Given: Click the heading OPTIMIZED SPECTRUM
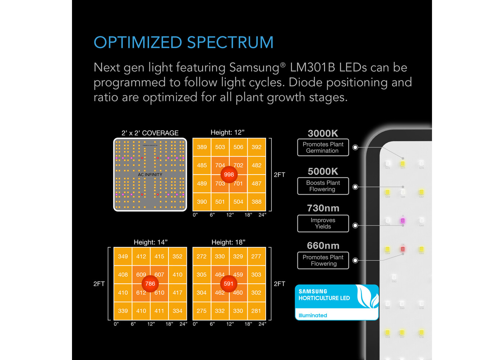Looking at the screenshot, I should (184, 42).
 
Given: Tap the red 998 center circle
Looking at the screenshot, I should (229, 175).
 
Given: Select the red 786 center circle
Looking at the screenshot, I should (150, 284).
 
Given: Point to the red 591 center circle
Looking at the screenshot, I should (229, 284).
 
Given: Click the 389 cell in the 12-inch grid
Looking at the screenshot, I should (202, 147).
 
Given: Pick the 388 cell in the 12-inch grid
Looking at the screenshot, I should (257, 202).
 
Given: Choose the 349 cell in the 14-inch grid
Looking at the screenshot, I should (123, 257).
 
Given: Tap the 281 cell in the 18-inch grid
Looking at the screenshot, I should (256, 311).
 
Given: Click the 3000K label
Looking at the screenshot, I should (323, 134).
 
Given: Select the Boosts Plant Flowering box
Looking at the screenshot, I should (323, 186).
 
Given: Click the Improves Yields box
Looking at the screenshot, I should (323, 224).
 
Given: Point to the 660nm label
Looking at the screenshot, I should (323, 246).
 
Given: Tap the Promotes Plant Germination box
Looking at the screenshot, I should (323, 148).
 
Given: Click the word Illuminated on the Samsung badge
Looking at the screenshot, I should (313, 315).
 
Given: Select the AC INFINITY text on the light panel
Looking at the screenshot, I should (150, 175).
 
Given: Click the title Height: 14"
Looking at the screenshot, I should (150, 242).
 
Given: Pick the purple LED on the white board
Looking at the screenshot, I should (403, 221).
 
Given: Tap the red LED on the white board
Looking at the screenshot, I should (403, 249).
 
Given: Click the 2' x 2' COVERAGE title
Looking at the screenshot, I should (150, 133).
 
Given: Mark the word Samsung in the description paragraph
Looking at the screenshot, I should (254, 68).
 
